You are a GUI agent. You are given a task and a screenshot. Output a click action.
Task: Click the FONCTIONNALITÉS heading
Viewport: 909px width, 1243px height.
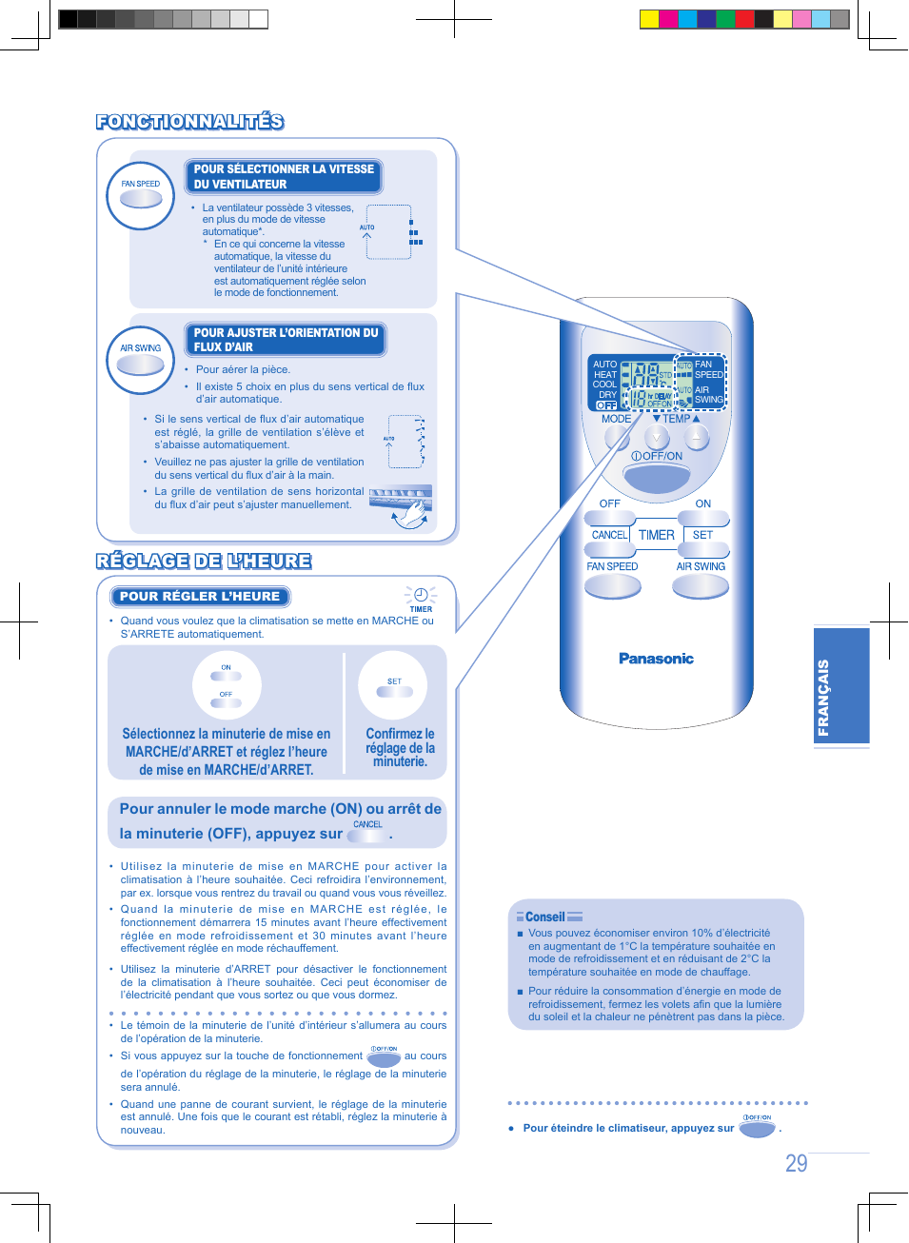(189, 121)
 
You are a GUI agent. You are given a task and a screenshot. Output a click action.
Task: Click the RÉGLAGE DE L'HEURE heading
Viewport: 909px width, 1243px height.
(204, 561)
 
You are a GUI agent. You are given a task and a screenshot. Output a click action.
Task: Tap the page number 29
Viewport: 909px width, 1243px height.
(796, 1163)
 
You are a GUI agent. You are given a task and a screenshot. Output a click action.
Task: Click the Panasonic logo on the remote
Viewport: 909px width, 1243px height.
(656, 659)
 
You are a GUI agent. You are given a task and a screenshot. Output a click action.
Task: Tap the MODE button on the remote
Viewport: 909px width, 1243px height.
(618, 437)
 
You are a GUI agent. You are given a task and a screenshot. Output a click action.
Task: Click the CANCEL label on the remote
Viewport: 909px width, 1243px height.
(609, 535)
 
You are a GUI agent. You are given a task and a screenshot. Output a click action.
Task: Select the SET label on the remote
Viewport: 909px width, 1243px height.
(702, 535)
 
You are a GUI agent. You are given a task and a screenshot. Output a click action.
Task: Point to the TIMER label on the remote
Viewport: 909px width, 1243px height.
(656, 535)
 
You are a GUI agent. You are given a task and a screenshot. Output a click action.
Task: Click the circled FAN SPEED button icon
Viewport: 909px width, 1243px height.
(141, 195)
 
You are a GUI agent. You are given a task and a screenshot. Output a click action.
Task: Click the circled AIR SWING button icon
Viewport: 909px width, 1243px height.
(141, 359)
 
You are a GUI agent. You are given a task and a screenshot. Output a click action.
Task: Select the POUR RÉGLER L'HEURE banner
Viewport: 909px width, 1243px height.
(200, 597)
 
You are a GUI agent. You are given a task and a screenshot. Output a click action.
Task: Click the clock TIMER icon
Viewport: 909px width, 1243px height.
(420, 598)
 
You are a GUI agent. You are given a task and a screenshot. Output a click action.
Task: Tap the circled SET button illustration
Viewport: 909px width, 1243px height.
(393, 686)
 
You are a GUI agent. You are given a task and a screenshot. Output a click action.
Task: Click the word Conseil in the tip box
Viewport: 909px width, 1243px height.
(544, 917)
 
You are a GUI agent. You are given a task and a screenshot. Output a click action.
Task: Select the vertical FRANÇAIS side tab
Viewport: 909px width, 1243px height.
(841, 685)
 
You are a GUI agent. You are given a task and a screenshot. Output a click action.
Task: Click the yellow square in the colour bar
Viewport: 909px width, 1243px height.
(649, 19)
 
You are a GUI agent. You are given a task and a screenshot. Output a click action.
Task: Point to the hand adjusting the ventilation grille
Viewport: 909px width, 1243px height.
(412, 513)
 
